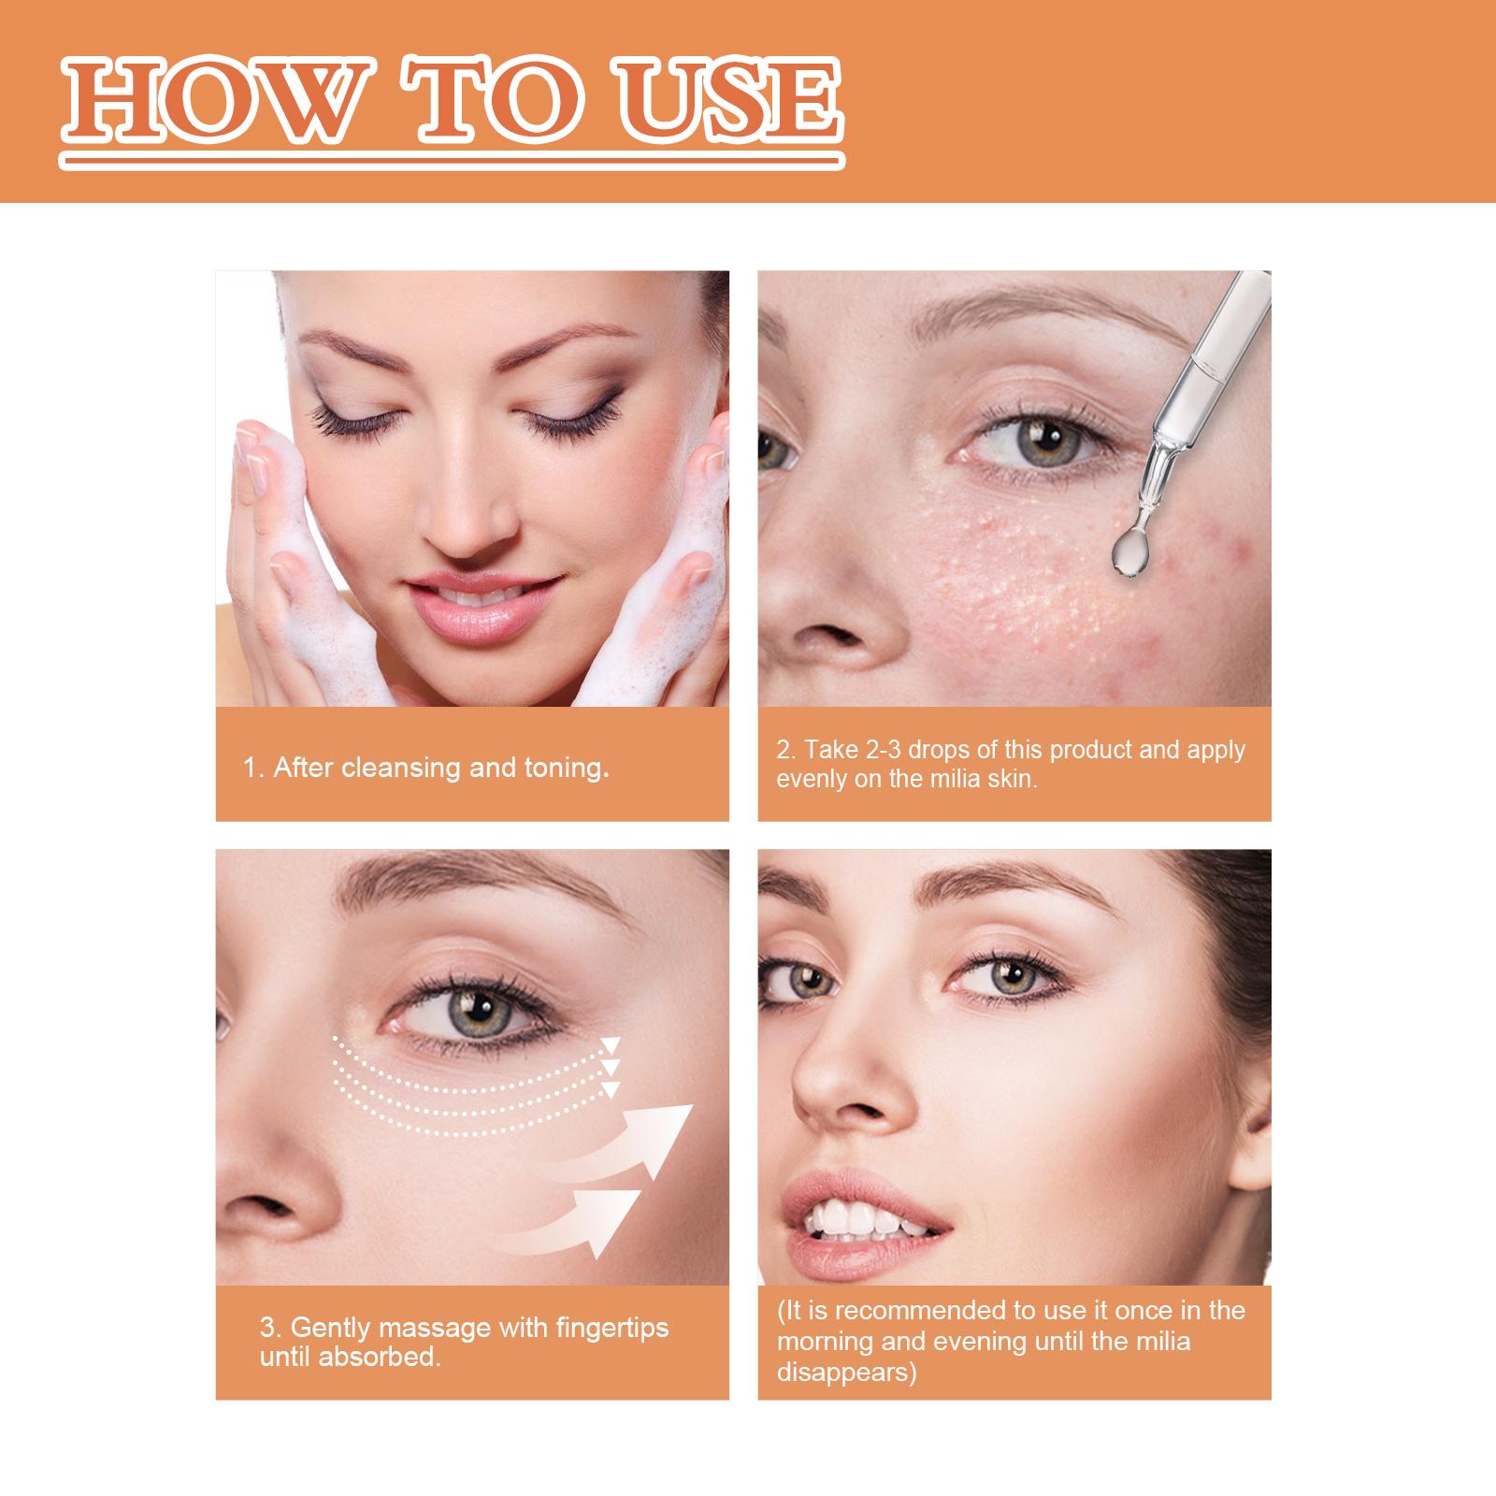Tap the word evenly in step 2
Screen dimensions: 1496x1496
pos(812,779)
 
